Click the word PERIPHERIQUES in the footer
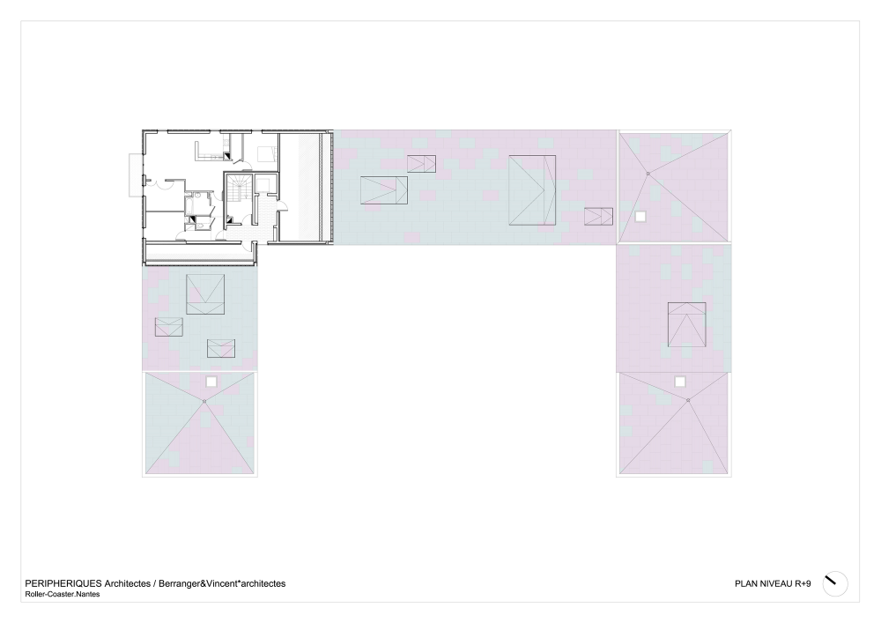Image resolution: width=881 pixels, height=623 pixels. tap(63, 583)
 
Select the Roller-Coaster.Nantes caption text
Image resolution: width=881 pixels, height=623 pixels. tap(63, 594)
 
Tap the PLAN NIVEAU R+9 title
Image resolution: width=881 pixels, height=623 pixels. tap(773, 583)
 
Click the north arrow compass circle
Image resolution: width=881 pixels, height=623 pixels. tap(835, 583)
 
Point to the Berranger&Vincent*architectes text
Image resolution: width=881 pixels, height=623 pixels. tap(222, 583)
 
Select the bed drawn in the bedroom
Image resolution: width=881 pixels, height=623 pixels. tap(266, 153)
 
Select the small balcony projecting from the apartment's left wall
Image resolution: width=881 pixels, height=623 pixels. tap(136, 174)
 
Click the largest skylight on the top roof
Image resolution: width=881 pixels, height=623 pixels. tap(532, 190)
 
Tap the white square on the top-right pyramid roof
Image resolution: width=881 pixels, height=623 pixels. tap(640, 216)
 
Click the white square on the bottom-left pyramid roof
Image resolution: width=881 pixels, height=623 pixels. tap(211, 382)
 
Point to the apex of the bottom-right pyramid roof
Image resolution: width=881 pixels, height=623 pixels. tap(688, 400)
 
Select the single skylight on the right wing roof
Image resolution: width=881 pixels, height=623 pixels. tap(686, 324)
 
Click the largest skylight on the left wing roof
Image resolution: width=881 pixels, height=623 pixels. tap(205, 294)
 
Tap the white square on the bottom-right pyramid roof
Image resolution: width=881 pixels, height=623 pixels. tap(680, 382)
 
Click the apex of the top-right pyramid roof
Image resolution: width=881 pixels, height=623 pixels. tap(648, 174)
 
